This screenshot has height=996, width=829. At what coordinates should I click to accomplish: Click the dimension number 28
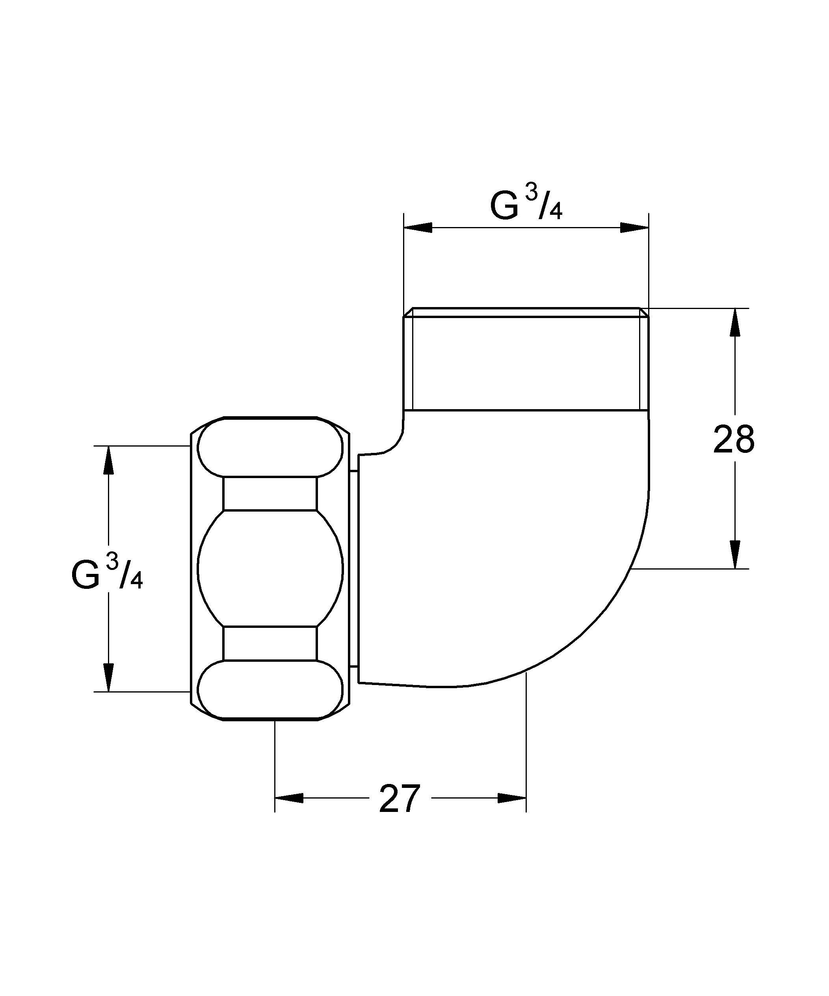click(733, 439)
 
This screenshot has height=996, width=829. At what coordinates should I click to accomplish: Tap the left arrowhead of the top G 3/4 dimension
click(417, 228)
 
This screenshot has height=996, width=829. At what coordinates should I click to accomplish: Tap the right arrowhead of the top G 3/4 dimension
click(634, 228)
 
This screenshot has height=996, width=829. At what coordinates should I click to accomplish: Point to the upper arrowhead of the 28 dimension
click(734, 322)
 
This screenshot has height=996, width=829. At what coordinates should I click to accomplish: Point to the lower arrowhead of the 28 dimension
click(734, 554)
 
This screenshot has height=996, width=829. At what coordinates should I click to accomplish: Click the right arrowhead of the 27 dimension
click(512, 798)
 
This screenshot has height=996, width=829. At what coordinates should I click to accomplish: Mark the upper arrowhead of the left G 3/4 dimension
click(109, 460)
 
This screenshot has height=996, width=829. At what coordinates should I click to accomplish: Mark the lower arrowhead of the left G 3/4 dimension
click(109, 677)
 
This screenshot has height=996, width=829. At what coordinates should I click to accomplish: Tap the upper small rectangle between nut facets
click(270, 494)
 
